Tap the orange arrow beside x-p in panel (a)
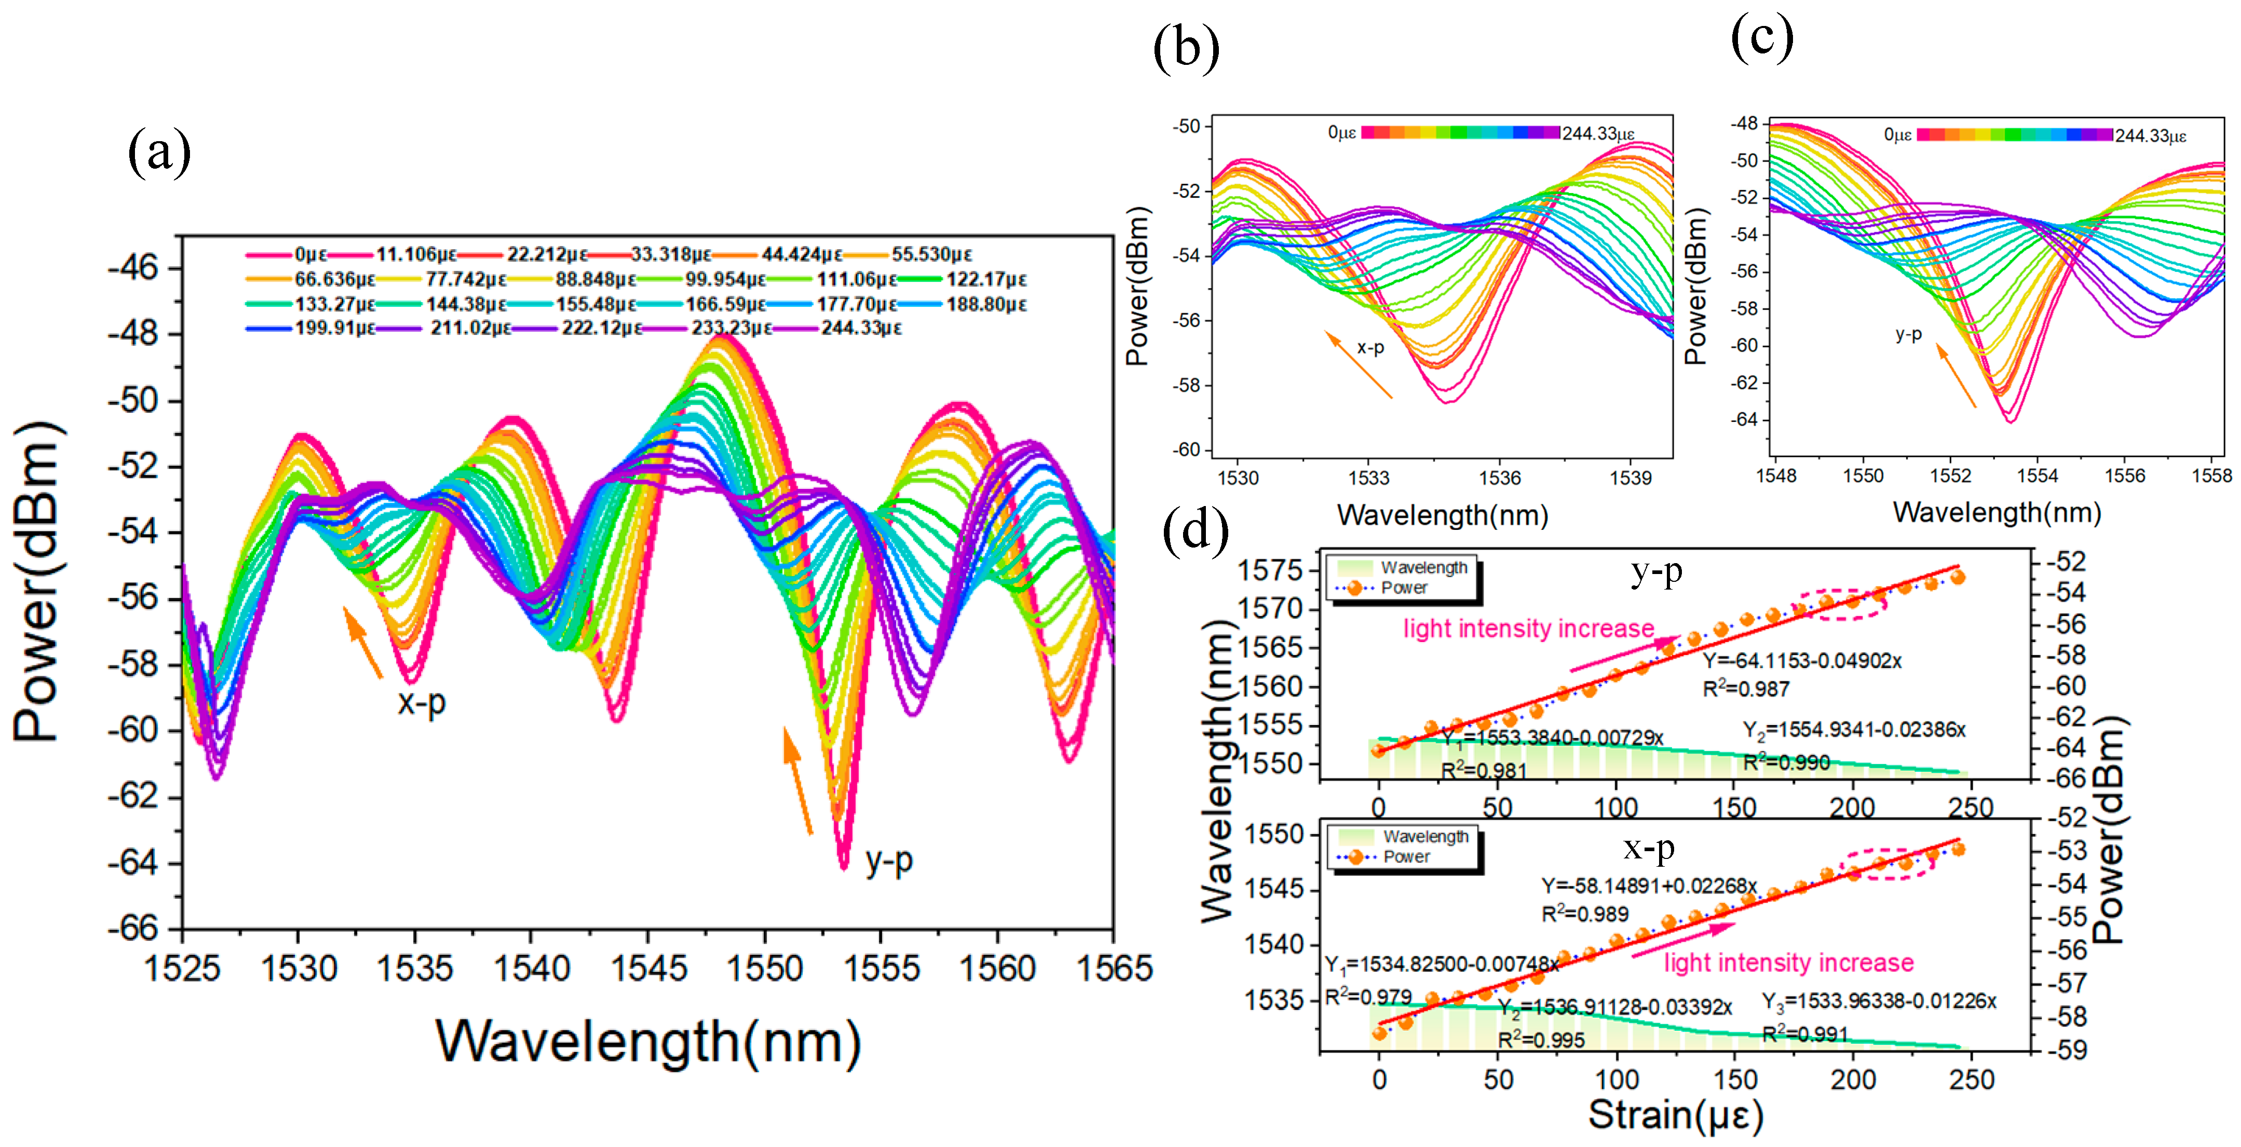click(363, 642)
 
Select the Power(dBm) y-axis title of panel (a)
click(38, 581)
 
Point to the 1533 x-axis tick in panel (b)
click(1368, 477)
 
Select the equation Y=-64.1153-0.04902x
click(1801, 661)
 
